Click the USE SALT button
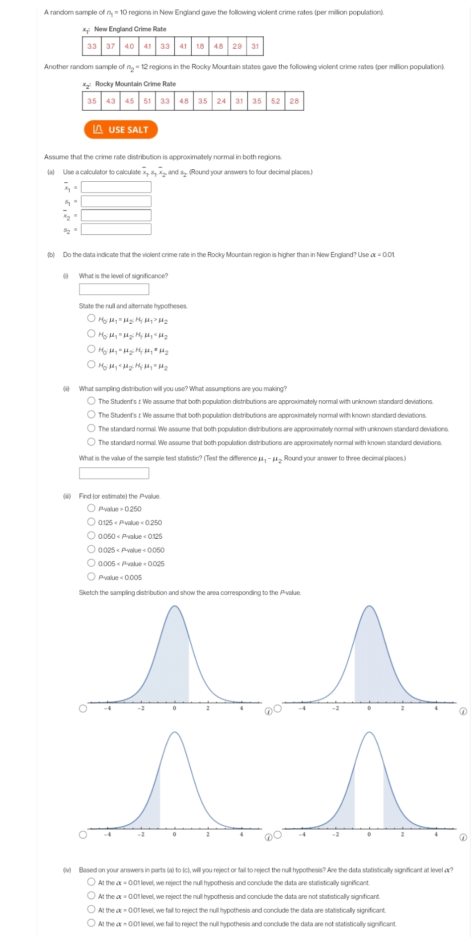(x=121, y=130)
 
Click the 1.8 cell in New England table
(x=200, y=46)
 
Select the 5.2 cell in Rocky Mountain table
(x=275, y=101)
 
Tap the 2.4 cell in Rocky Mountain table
(x=221, y=101)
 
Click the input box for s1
(x=116, y=201)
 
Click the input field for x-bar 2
(x=116, y=215)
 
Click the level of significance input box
(x=114, y=289)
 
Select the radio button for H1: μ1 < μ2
(x=91, y=334)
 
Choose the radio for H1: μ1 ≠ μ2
(x=91, y=349)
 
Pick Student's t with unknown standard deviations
(x=91, y=401)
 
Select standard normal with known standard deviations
(x=91, y=442)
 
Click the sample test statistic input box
(x=114, y=473)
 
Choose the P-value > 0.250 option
(x=91, y=508)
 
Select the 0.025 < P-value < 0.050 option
(x=91, y=549)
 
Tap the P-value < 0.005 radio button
(x=91, y=577)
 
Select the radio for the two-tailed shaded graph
(x=278, y=835)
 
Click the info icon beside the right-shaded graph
(x=463, y=712)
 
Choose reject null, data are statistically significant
(x=91, y=882)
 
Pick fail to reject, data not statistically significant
(x=91, y=923)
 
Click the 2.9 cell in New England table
(x=237, y=46)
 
